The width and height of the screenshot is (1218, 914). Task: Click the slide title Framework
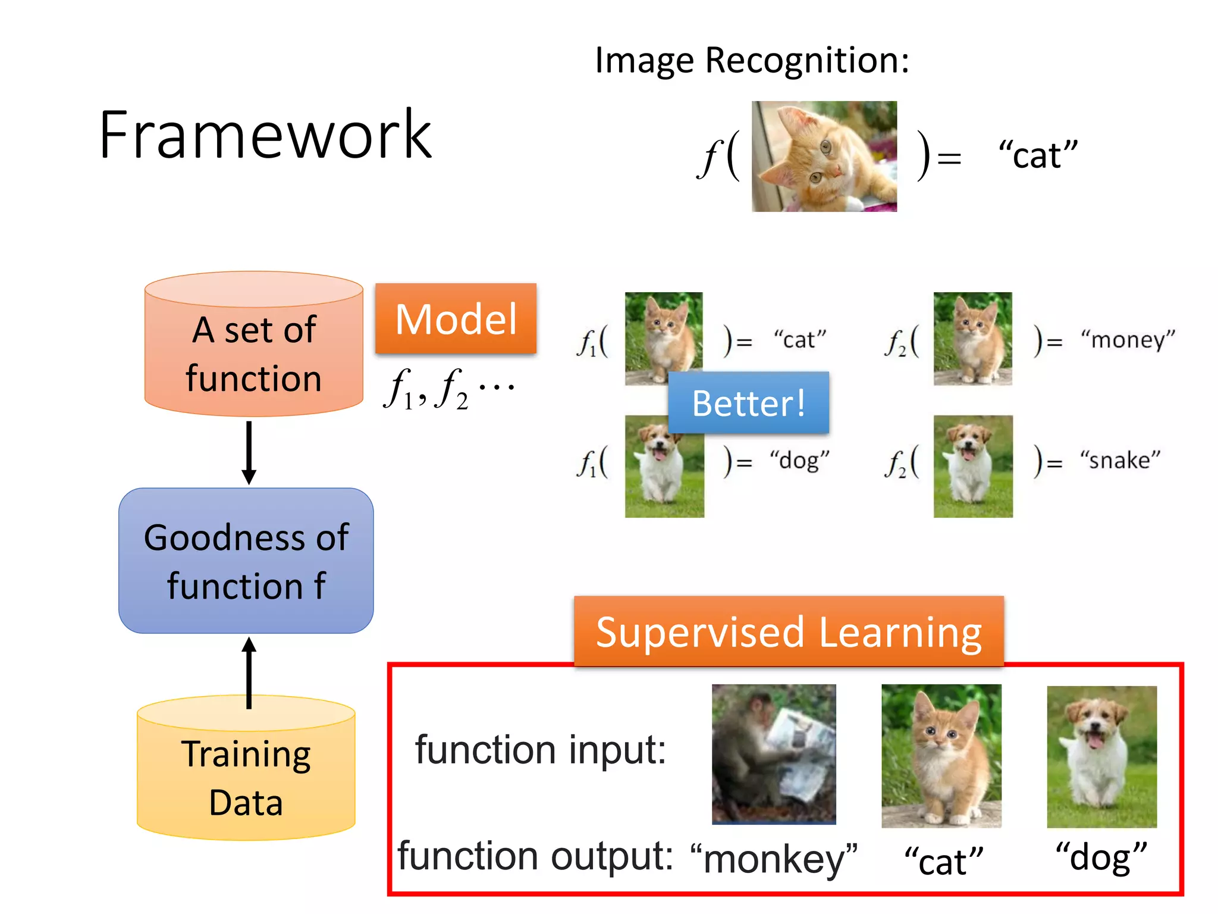pyautogui.click(x=265, y=136)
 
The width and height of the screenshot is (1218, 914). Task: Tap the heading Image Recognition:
pyautogui.click(x=752, y=61)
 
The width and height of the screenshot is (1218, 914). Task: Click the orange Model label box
pyautogui.click(x=456, y=319)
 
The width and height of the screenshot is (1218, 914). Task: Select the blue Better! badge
pyautogui.click(x=748, y=403)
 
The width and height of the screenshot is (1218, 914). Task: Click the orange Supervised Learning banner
pyautogui.click(x=789, y=631)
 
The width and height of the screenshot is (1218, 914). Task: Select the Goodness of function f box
pyautogui.click(x=246, y=561)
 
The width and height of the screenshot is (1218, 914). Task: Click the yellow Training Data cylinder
pyautogui.click(x=246, y=777)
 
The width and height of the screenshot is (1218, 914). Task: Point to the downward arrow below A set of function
pyautogui.click(x=249, y=452)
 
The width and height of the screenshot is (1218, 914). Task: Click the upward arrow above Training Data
pyautogui.click(x=249, y=672)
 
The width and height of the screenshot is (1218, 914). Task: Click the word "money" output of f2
pyautogui.click(x=1128, y=340)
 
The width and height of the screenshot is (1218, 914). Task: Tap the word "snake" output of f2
pyautogui.click(x=1120, y=461)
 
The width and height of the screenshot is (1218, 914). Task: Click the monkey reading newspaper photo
pyautogui.click(x=774, y=754)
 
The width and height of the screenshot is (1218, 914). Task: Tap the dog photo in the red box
pyautogui.click(x=1101, y=756)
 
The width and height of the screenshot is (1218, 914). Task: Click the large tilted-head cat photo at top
pyautogui.click(x=824, y=156)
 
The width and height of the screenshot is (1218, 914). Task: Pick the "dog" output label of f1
pyautogui.click(x=799, y=461)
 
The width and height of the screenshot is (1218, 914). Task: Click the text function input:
pyautogui.click(x=540, y=750)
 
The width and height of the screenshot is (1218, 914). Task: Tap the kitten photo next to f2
pyautogui.click(x=972, y=339)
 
